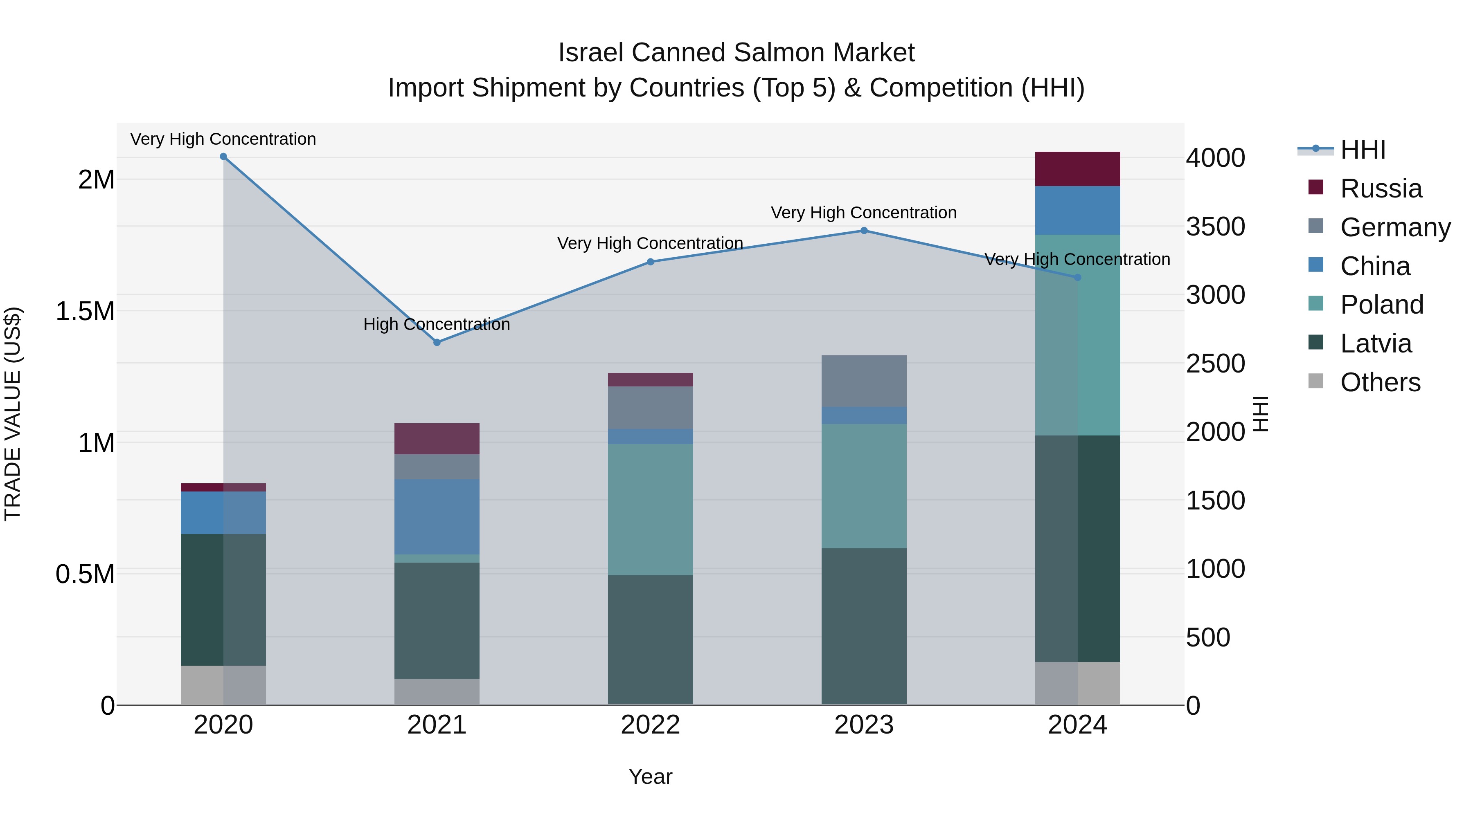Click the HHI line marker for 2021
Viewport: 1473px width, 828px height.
(x=437, y=342)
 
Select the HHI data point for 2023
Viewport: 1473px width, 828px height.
(x=864, y=231)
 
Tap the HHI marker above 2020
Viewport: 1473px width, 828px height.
(x=223, y=157)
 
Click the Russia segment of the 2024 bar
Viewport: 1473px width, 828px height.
(x=1077, y=169)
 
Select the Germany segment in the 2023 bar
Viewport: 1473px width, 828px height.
(x=864, y=381)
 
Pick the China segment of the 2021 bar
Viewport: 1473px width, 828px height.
(x=437, y=516)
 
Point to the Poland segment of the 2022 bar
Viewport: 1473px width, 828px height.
(x=650, y=510)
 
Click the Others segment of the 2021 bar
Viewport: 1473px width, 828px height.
(x=437, y=692)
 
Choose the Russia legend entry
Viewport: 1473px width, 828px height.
(x=1381, y=188)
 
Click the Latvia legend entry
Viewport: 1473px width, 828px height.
(x=1376, y=343)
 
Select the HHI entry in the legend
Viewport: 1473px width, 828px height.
(x=1363, y=150)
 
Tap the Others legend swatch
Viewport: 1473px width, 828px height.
(x=1316, y=381)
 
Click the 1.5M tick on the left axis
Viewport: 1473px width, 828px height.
(x=85, y=312)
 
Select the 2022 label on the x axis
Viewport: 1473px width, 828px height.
(x=650, y=725)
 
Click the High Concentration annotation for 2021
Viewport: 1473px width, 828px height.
(x=437, y=325)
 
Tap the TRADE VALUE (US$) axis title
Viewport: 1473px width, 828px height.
(x=13, y=414)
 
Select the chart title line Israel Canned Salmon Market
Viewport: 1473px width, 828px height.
(x=736, y=53)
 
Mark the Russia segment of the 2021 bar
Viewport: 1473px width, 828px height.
(x=437, y=439)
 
